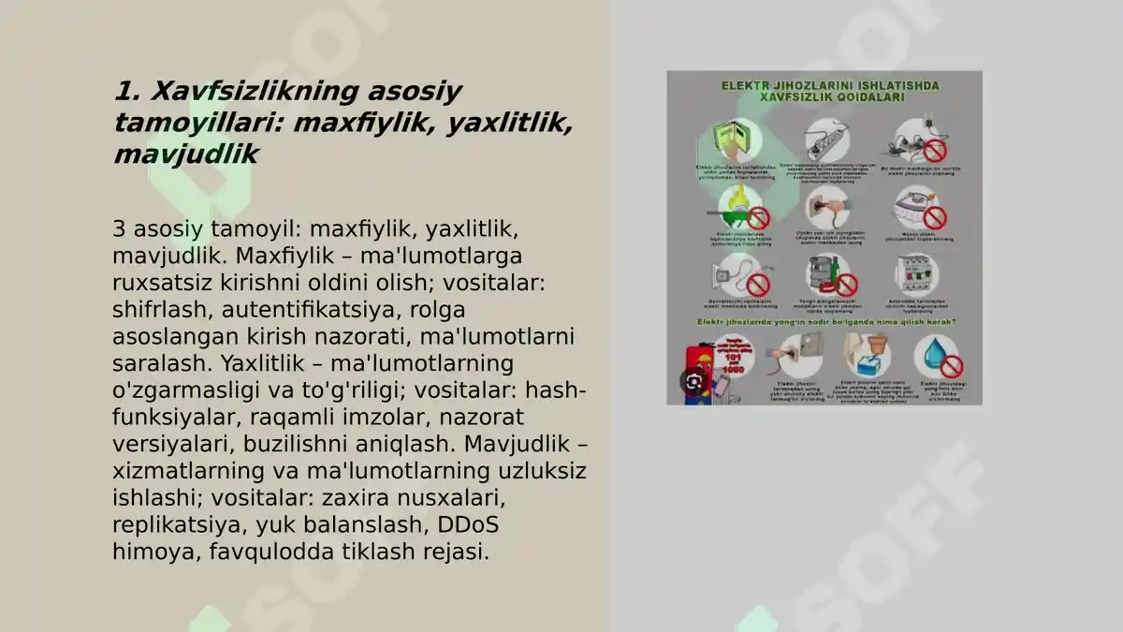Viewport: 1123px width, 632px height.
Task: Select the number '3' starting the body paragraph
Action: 119,228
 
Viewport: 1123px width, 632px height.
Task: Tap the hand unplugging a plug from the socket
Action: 827,204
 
